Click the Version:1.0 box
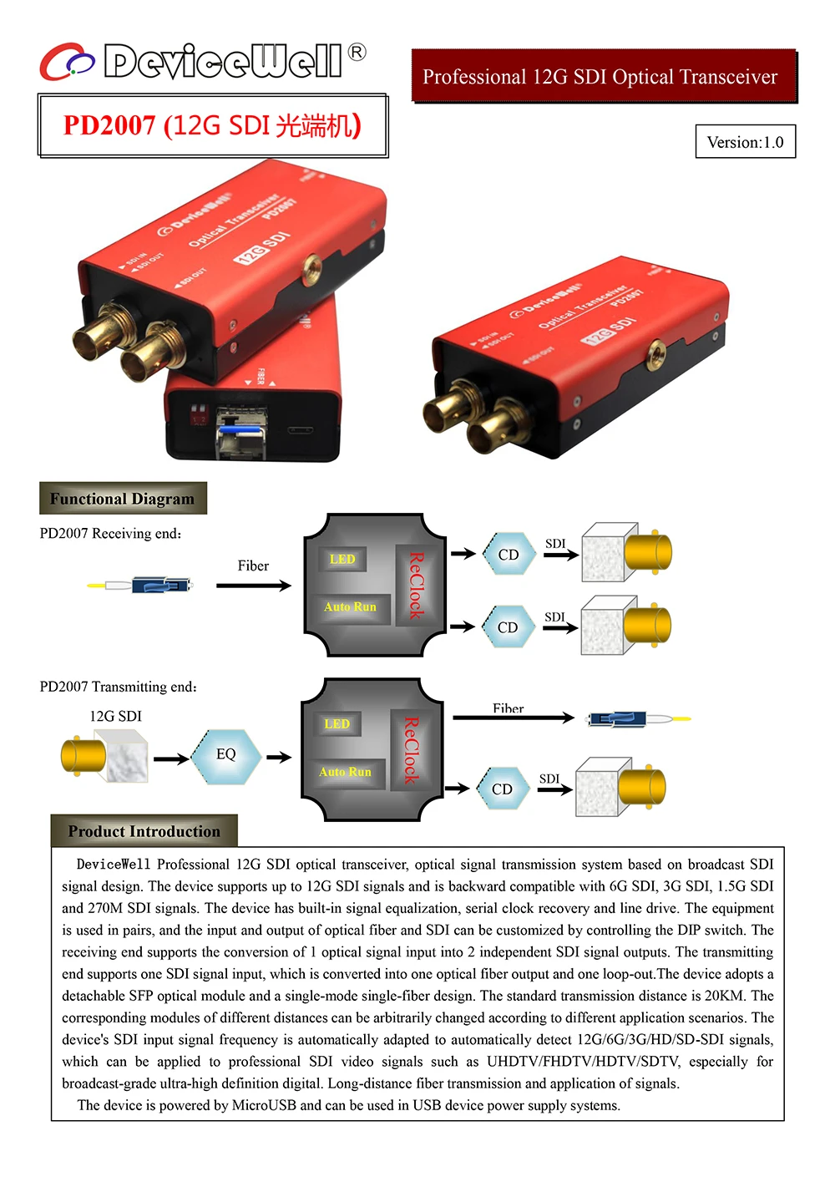[x=745, y=141]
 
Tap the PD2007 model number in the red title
[x=109, y=125]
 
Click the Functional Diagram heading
[x=122, y=499]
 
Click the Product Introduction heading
[x=144, y=831]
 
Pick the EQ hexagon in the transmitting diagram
[x=226, y=754]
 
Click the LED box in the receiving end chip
[x=342, y=559]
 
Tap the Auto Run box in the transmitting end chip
[x=345, y=772]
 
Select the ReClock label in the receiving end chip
[x=415, y=585]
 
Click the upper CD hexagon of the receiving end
[x=508, y=555]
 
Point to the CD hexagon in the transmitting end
[x=502, y=789]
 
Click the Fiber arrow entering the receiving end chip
[x=253, y=586]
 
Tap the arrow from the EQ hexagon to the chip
[x=278, y=757]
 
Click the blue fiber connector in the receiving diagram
[x=161, y=584]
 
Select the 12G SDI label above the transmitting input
[x=115, y=716]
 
